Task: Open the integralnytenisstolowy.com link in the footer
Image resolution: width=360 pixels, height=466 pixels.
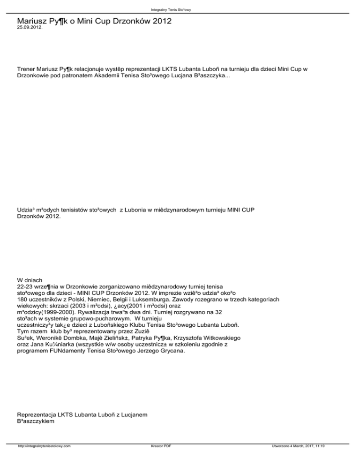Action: (44, 460)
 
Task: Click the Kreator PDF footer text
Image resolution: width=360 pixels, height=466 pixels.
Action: (158, 460)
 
